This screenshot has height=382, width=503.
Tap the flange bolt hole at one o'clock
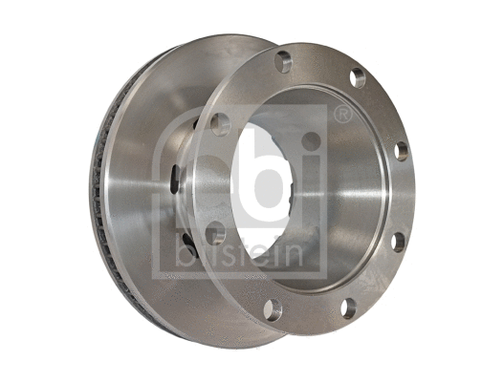click(x=358, y=76)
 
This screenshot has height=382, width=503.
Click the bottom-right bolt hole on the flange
click(x=349, y=307)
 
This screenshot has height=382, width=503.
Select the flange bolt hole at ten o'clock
click(x=220, y=124)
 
